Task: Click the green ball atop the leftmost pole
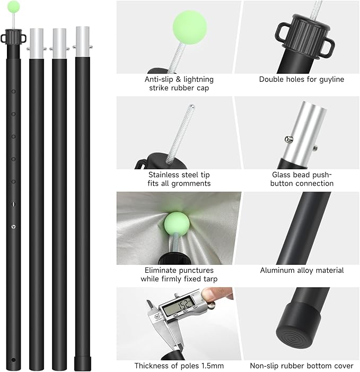[x=14, y=6]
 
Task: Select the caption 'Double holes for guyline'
[x=301, y=80]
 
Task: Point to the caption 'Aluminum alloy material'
[x=302, y=271]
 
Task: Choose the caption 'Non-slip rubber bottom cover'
[x=302, y=366]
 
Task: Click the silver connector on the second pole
[x=37, y=40]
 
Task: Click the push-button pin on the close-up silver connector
[x=289, y=140]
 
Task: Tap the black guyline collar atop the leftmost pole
[x=14, y=38]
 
